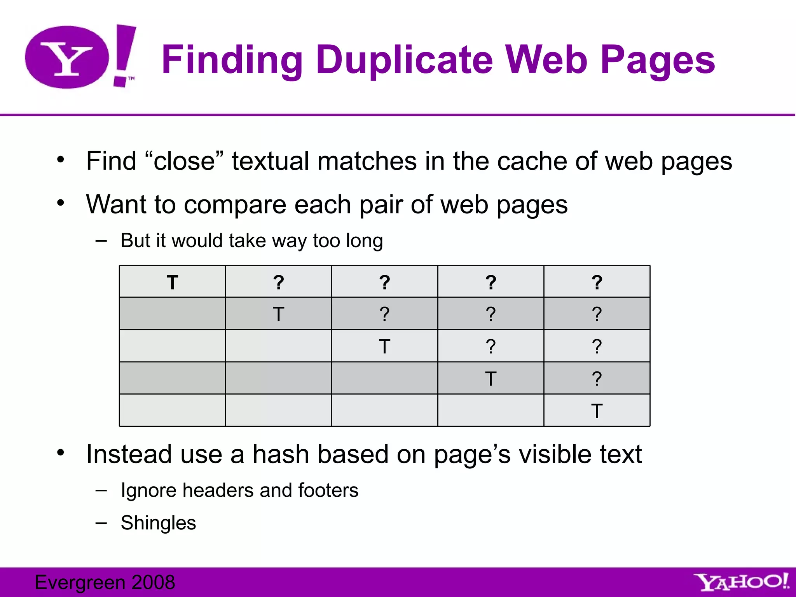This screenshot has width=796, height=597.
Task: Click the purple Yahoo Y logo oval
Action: tap(67, 57)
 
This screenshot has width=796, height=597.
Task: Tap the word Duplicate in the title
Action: tap(405, 60)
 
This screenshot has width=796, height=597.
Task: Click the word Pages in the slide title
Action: tap(658, 60)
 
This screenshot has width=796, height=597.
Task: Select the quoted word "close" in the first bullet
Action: tap(184, 161)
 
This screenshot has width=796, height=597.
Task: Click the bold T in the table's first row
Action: tap(172, 282)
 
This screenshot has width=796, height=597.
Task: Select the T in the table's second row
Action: tap(278, 314)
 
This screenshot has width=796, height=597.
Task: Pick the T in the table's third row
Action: tap(384, 346)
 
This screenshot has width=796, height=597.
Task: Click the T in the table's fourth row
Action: tap(491, 379)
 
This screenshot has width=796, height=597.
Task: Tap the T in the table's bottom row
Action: tap(597, 411)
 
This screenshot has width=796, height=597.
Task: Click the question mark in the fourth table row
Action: tap(597, 379)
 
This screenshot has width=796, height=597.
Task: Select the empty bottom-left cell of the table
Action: tap(172, 410)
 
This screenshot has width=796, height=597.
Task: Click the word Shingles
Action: tap(158, 523)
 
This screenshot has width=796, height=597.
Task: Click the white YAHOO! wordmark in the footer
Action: tap(742, 582)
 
